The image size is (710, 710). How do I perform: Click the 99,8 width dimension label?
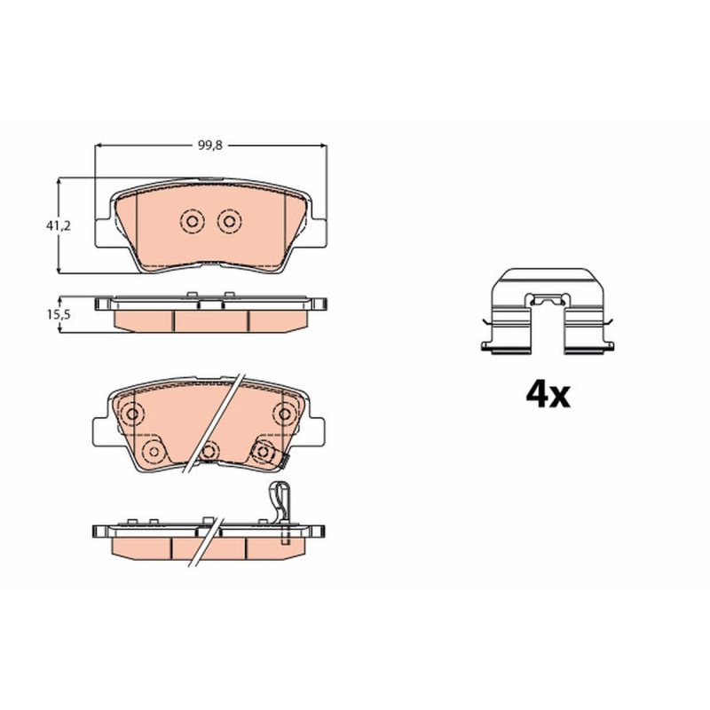click(x=210, y=146)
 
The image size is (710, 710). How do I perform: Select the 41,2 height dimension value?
click(x=59, y=225)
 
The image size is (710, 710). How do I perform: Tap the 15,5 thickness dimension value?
click(x=59, y=314)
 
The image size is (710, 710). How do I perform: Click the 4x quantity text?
click(x=548, y=395)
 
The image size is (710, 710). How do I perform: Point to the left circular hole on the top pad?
click(x=192, y=221)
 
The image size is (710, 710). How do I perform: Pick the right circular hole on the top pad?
click(x=229, y=221)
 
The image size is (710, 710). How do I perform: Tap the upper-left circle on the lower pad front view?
click(x=132, y=414)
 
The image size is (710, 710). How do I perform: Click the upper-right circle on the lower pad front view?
click(x=285, y=414)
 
